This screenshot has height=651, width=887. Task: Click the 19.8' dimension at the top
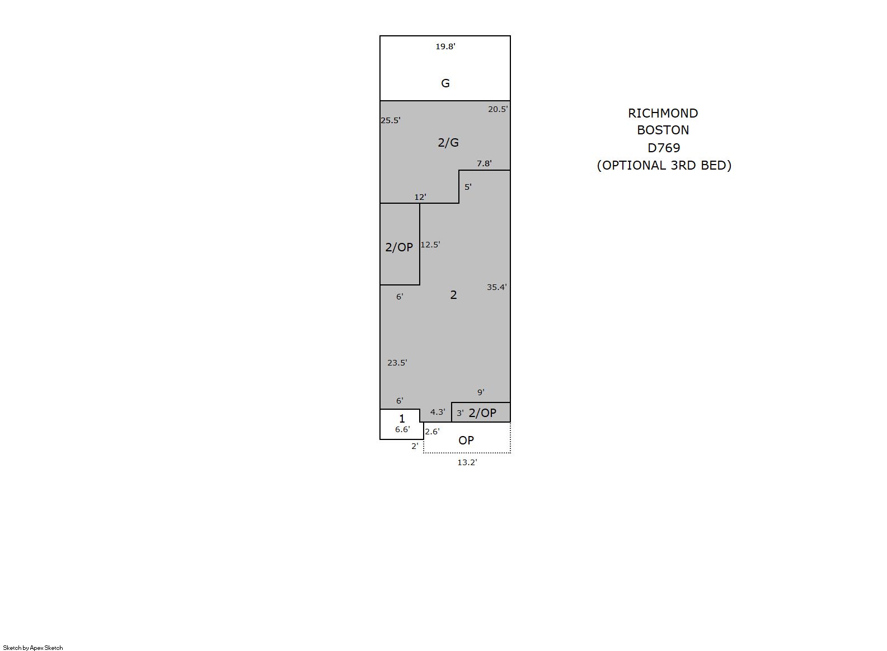click(445, 46)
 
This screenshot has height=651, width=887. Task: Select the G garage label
click(445, 83)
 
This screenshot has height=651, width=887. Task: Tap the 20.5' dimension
click(498, 109)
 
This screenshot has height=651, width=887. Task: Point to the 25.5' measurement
click(391, 120)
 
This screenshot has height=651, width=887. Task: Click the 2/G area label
click(448, 143)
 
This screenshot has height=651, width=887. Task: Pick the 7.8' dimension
click(484, 163)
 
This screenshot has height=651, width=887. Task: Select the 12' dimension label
click(420, 197)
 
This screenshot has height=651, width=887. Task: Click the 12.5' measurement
click(430, 245)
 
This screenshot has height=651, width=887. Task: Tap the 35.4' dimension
click(497, 287)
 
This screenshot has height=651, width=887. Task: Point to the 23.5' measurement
click(397, 363)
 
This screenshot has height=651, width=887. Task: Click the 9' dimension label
click(481, 392)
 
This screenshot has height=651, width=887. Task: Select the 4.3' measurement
click(438, 412)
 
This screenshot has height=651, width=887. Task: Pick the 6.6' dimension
click(402, 430)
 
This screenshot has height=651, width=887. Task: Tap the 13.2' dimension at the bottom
click(467, 462)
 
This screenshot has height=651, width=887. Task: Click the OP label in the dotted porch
click(466, 441)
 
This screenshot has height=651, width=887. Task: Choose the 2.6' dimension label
click(433, 432)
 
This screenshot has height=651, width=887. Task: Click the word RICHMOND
click(663, 113)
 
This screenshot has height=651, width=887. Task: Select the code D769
click(664, 148)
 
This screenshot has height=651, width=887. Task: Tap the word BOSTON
click(663, 130)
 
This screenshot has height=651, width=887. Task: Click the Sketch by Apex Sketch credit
click(33, 648)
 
